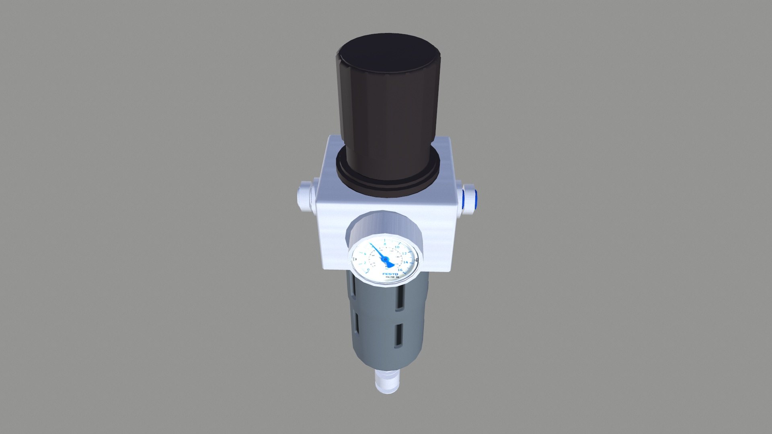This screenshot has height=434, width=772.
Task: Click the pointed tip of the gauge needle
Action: [x=370, y=244]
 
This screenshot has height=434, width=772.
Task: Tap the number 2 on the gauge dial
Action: [x=365, y=262]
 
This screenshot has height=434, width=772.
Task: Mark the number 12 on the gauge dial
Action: [x=404, y=253]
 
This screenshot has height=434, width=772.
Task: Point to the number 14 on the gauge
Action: [x=406, y=262]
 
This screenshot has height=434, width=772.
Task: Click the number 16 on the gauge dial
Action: [x=400, y=270]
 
